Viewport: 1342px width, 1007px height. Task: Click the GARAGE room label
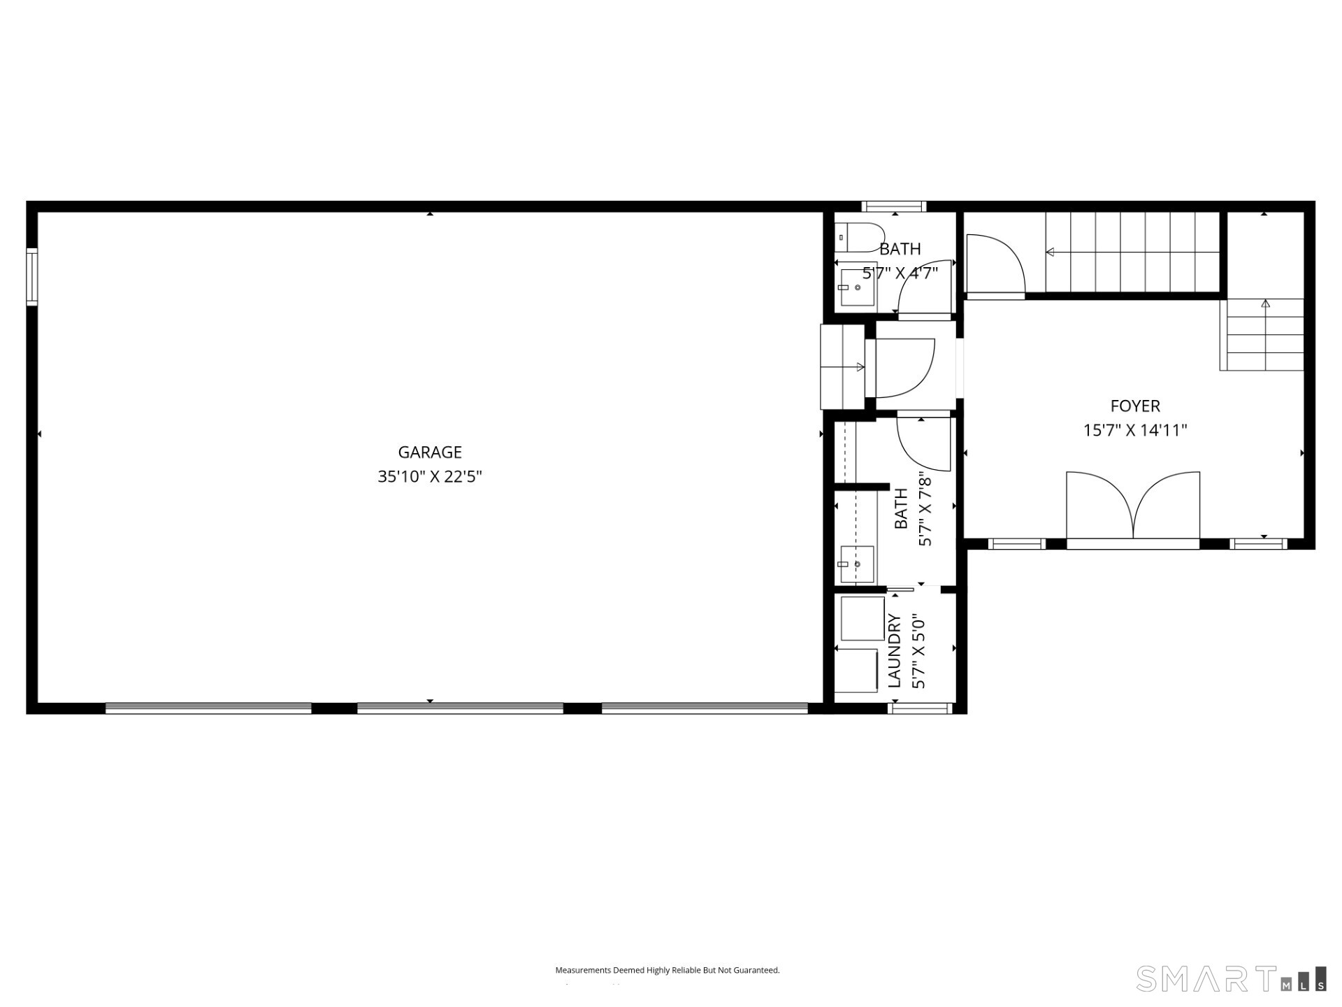[430, 452]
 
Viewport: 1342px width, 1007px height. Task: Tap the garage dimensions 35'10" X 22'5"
[430, 477]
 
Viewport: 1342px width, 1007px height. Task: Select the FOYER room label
[1135, 406]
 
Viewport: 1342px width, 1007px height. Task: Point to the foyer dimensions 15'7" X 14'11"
[1135, 430]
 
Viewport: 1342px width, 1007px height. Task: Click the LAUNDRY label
[895, 650]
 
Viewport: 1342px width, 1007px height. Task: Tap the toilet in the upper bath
[860, 237]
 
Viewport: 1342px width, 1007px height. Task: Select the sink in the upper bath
[858, 287]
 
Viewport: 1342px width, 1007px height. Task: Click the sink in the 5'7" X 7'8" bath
[857, 564]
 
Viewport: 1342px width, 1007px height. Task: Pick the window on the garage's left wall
[32, 277]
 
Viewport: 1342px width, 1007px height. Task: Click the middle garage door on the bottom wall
[460, 708]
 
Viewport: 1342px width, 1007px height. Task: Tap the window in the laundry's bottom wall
[920, 708]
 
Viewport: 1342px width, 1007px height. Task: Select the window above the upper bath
[894, 206]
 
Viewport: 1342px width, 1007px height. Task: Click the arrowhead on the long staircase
[1050, 252]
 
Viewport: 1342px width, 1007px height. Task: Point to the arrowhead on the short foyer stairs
[1265, 303]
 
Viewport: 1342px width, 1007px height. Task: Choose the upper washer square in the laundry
[862, 618]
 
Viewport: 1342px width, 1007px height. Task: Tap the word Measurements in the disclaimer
[583, 970]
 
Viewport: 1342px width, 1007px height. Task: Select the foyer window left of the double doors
[1016, 543]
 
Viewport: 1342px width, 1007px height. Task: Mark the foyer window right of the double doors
[1258, 543]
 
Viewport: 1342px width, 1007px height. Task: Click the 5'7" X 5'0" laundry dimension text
[919, 650]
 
